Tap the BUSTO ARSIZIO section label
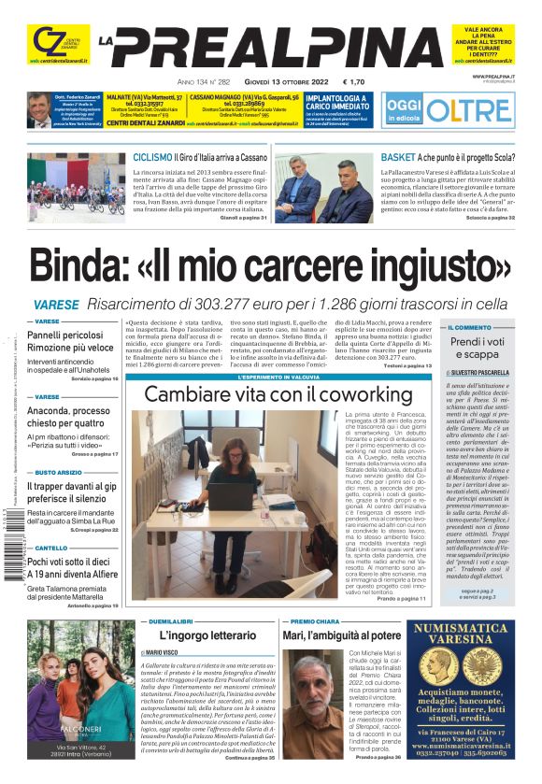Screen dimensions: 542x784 click(59, 473)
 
